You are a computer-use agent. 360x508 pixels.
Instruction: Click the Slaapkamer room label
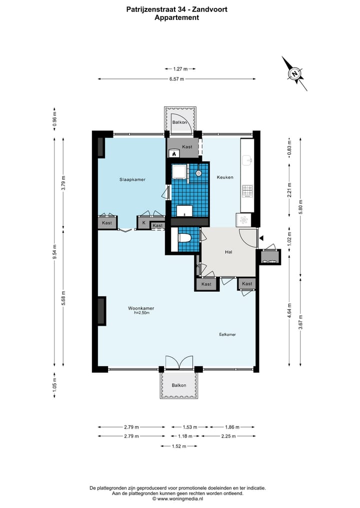click(x=132, y=179)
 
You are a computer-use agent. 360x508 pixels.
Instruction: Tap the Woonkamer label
click(x=141, y=308)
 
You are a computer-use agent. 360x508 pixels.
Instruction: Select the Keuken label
click(x=225, y=177)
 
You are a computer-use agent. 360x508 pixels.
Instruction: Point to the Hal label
click(x=228, y=252)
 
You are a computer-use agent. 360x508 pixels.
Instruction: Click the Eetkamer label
click(x=227, y=334)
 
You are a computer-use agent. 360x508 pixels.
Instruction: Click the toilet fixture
click(x=184, y=238)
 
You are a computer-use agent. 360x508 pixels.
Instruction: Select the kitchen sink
click(x=247, y=160)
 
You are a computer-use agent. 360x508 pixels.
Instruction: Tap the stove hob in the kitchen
click(x=247, y=191)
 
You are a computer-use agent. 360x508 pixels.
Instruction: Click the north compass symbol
click(x=294, y=73)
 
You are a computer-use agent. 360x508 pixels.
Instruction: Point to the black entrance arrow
click(x=261, y=238)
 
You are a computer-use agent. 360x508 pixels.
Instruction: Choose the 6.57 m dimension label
click(x=176, y=79)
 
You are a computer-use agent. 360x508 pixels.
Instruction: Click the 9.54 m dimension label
click(x=55, y=252)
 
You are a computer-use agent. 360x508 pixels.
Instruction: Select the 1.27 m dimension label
click(x=180, y=69)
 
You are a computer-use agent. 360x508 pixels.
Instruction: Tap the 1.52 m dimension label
click(x=178, y=446)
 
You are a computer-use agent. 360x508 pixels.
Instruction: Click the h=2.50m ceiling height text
click(x=141, y=313)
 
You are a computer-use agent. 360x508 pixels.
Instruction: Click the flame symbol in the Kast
click(x=174, y=153)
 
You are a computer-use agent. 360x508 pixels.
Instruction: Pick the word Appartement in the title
click(x=177, y=18)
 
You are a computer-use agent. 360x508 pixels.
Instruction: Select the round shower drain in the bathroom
click(x=198, y=173)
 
